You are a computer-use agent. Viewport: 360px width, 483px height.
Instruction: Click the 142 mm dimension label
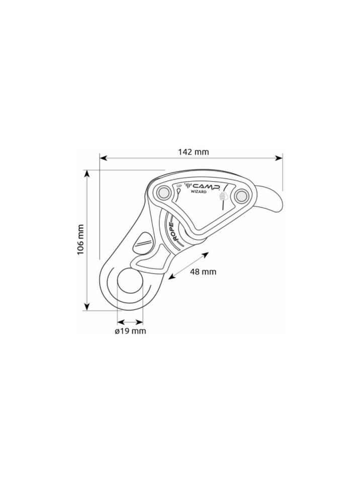pyautogui.click(x=194, y=152)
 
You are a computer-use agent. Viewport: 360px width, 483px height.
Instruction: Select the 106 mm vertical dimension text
pyautogui.click(x=80, y=239)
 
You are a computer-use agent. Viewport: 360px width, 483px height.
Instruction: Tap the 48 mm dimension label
pyautogui.click(x=203, y=272)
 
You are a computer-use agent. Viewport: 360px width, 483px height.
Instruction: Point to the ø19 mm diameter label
pyautogui.click(x=130, y=332)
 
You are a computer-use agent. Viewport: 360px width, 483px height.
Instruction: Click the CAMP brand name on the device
pyautogui.click(x=206, y=186)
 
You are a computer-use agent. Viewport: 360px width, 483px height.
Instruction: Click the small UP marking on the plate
pyautogui.click(x=179, y=186)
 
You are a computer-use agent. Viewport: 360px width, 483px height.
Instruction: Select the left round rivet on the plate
pyautogui.click(x=163, y=193)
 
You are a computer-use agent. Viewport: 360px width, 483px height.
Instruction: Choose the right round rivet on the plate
pyautogui.click(x=241, y=195)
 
